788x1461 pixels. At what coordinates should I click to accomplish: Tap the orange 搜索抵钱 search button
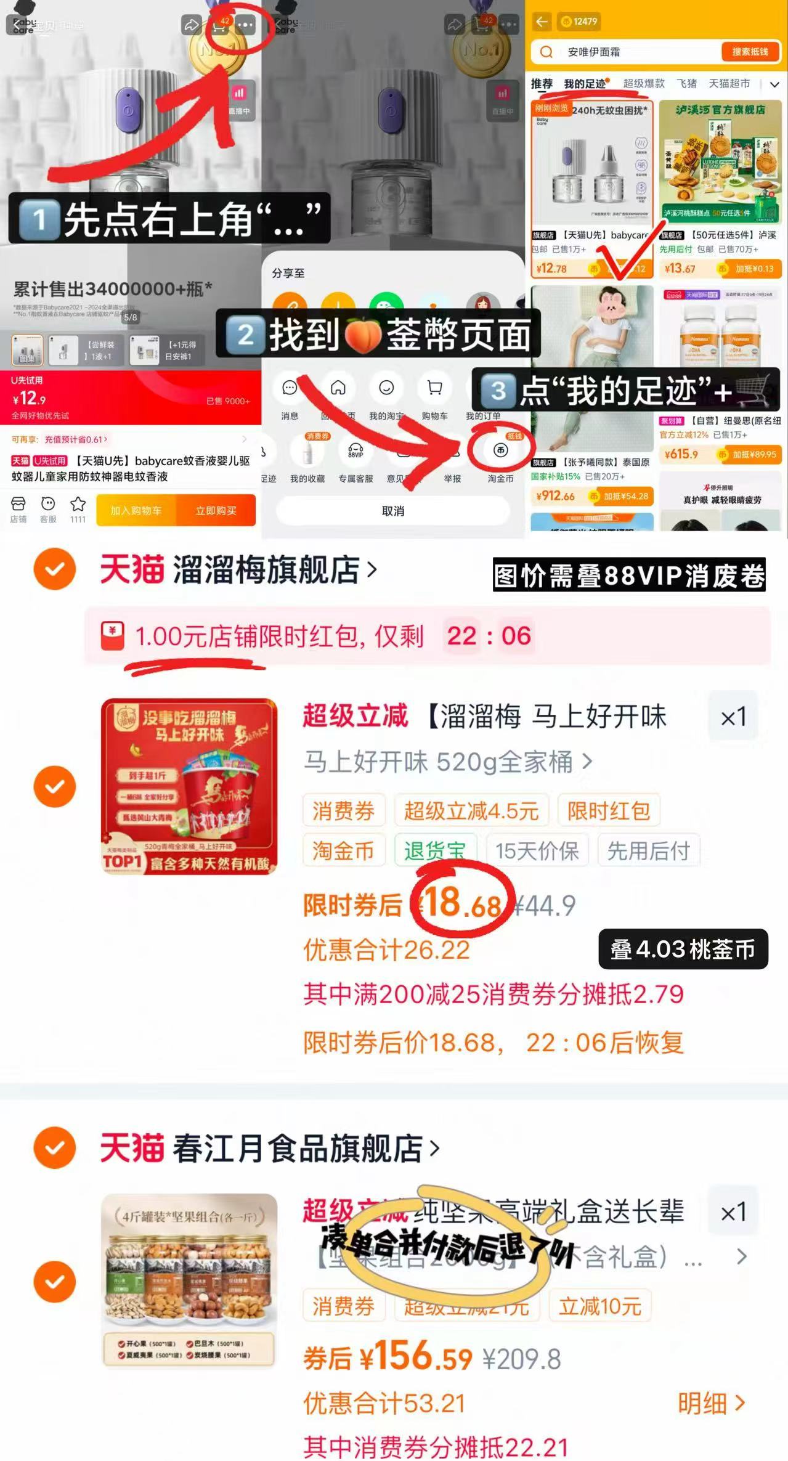point(750,52)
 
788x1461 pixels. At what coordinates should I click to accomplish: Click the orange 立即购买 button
point(216,511)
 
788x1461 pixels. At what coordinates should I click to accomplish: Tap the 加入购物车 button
point(136,511)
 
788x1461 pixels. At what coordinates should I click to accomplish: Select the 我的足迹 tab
point(585,84)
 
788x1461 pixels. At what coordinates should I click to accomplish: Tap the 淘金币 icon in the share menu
point(500,451)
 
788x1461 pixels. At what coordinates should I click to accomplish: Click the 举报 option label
point(452,479)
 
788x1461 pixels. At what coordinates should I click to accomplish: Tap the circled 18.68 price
point(462,904)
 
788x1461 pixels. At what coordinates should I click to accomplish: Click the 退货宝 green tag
point(435,851)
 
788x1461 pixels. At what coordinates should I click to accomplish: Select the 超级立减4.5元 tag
point(471,811)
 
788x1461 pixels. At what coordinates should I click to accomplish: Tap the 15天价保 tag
point(537,851)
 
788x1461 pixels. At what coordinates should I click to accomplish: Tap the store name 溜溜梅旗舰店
point(266,569)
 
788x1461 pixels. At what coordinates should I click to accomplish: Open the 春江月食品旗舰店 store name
point(298,1148)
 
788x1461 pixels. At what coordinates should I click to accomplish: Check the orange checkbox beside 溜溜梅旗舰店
point(55,569)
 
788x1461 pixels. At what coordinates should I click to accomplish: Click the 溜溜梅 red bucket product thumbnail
point(189,786)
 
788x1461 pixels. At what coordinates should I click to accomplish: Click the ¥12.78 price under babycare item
point(551,269)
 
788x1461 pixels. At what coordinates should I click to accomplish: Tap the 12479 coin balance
point(579,22)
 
